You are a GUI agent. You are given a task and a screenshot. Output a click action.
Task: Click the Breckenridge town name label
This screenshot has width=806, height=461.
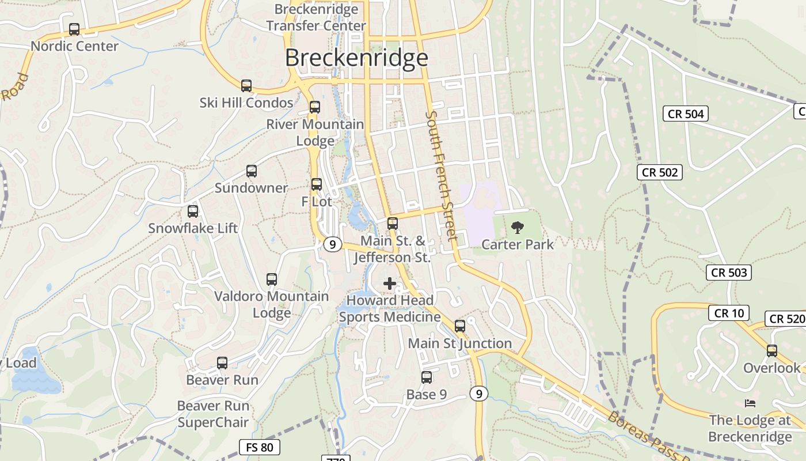(356, 58)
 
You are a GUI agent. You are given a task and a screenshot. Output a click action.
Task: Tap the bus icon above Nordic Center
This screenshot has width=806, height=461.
(74, 29)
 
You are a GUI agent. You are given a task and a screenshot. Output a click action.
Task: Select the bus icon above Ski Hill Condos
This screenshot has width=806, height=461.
(246, 86)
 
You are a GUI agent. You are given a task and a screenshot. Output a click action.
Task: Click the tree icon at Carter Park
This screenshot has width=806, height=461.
(518, 227)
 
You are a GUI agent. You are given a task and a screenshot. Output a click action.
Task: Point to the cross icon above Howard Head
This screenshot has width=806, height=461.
(390, 283)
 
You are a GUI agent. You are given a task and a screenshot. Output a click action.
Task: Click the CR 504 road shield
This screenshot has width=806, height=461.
(685, 114)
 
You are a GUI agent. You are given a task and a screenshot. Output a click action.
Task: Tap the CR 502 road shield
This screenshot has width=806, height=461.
(660, 172)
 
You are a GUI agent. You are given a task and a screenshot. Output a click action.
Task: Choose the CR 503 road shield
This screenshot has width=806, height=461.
(729, 273)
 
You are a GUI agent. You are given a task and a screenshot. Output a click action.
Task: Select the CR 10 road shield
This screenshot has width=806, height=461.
(729, 313)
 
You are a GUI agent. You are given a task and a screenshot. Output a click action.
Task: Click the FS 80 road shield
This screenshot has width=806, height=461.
(259, 447)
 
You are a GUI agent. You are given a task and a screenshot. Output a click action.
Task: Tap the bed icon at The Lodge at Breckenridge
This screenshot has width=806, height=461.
(750, 403)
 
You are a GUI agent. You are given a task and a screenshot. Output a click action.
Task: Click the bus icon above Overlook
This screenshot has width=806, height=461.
(771, 350)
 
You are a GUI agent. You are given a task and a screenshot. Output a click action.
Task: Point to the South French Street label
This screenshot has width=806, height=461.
(441, 176)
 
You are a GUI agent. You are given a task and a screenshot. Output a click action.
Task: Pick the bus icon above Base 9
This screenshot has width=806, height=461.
(427, 377)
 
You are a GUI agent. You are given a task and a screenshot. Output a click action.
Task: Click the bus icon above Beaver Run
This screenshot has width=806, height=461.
(222, 363)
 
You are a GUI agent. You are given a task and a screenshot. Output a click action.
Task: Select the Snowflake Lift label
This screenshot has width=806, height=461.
(193, 228)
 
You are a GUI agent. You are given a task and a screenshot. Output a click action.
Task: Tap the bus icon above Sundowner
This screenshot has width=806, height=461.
(252, 171)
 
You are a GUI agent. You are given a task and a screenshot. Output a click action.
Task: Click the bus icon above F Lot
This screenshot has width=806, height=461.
(317, 184)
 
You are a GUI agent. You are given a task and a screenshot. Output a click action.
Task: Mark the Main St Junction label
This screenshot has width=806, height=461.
(459, 343)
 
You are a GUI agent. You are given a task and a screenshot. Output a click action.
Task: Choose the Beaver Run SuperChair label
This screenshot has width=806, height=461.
(213, 414)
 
